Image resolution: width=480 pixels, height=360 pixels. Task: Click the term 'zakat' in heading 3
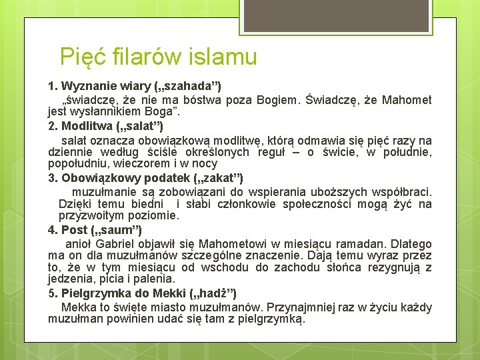pyautogui.click(x=220, y=177)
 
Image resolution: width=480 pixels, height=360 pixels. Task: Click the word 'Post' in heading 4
pyautogui.click(x=75, y=230)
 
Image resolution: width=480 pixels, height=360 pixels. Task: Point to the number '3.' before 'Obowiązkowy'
pyautogui.click(x=53, y=177)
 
